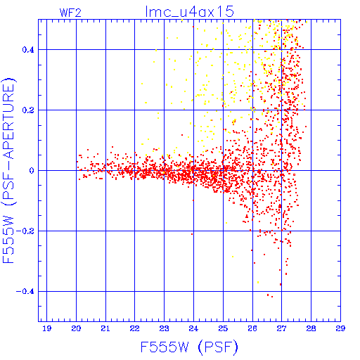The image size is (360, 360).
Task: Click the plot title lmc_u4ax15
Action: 189,12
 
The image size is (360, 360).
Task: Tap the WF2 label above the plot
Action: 70,13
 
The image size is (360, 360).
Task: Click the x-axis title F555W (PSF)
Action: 189,347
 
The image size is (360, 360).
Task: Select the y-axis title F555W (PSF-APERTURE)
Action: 9,170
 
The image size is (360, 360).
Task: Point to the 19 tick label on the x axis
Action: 46,328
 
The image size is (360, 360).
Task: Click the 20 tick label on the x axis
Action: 76,328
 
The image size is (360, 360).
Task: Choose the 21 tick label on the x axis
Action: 105,328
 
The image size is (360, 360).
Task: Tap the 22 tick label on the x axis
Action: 135,328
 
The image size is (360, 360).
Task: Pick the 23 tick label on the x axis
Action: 164,328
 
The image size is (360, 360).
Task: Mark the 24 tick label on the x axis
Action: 193,328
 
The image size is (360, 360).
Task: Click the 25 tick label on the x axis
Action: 223,328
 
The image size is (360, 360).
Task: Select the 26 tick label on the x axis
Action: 252,328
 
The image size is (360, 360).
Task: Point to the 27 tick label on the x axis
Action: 281,328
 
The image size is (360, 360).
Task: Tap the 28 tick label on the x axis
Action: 311,328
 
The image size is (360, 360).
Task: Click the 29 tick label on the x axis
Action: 340,328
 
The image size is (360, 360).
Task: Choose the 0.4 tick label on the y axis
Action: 28,50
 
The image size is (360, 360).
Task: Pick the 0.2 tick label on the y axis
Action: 28,110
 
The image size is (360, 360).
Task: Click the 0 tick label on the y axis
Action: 32,171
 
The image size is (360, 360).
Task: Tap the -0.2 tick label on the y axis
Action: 25,231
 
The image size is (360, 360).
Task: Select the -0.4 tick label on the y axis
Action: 25,292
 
